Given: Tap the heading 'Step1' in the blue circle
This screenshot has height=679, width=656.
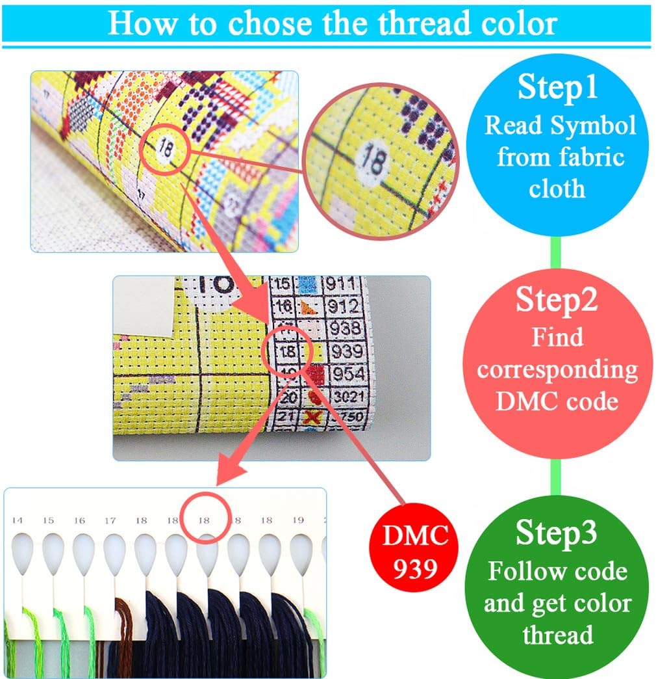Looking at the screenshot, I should pos(557,87).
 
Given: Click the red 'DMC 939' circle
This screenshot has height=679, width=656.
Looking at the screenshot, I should pos(415,552).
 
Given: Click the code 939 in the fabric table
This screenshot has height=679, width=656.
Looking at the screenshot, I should pos(346,352).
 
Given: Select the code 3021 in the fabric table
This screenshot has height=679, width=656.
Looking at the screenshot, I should pos(348,396).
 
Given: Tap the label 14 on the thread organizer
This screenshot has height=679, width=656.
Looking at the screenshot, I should pos(17,520).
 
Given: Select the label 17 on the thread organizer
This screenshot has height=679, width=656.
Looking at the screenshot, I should pos(110,520).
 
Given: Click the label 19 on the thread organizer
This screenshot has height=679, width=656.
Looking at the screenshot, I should pos(298,520).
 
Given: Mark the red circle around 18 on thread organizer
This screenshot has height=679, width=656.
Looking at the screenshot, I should pos(205,520).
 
